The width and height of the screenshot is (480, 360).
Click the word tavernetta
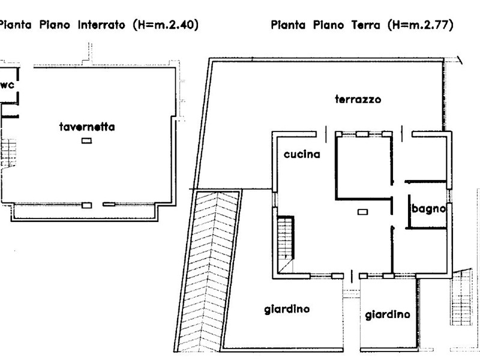pyautogui.click(x=87, y=127)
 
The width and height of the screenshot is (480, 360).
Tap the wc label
pyautogui.click(x=7, y=85)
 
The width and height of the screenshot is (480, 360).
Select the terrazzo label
pyautogui.click(x=358, y=100)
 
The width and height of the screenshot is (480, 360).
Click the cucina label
pyautogui.click(x=302, y=154)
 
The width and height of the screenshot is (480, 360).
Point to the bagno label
pyautogui.click(x=428, y=209)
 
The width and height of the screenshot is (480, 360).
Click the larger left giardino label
pyautogui.click(x=287, y=310)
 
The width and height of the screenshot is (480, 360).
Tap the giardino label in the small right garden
pyautogui.click(x=388, y=314)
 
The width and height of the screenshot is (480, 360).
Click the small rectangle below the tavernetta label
pyautogui.click(x=87, y=141)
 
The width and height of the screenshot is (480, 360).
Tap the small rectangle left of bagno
pyautogui.click(x=362, y=211)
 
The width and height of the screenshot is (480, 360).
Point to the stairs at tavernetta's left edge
pyautogui.click(x=8, y=150)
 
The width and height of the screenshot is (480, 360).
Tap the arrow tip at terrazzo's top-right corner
pyautogui.click(x=461, y=60)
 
